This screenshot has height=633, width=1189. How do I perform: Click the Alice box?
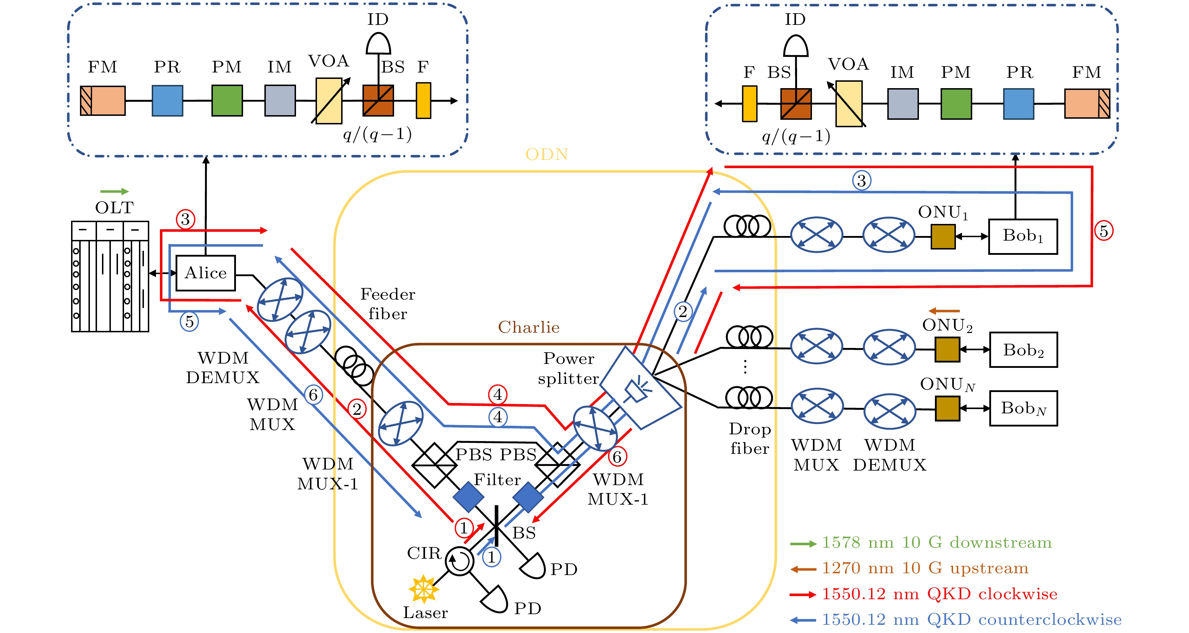(x=205, y=273)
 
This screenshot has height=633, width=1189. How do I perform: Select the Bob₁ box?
(x=1023, y=236)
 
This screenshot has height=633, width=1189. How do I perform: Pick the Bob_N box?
(x=1023, y=409)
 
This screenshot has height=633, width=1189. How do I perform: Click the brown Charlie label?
(x=528, y=327)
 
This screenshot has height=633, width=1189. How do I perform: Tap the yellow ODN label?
(x=547, y=154)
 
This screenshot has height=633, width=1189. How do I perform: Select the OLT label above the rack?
(x=114, y=208)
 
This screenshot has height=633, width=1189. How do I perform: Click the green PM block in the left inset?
(x=227, y=100)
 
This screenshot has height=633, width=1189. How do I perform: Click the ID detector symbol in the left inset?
(x=378, y=44)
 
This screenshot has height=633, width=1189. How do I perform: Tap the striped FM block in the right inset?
(x=1087, y=104)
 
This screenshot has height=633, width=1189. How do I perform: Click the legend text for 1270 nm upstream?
(x=925, y=568)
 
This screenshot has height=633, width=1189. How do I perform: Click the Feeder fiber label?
(x=388, y=304)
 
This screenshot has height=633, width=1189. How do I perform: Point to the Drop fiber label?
(x=749, y=439)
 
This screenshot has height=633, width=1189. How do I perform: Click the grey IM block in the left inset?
(x=280, y=100)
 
